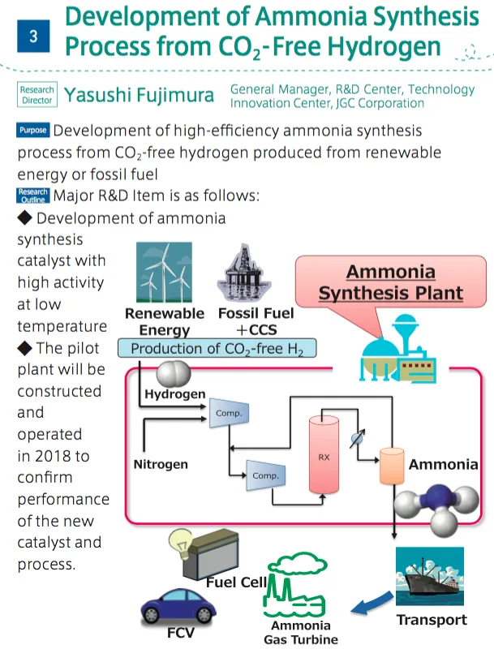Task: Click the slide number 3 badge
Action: pos(33,37)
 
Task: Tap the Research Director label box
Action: pos(37,95)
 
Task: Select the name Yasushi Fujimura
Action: pos(140,96)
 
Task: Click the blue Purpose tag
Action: pos(32,131)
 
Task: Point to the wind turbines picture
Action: pos(164,273)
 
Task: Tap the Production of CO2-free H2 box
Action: pos(217,349)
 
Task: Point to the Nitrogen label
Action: pos(161,464)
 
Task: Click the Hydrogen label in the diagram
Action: pos(174,394)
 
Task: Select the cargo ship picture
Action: pos(428,578)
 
